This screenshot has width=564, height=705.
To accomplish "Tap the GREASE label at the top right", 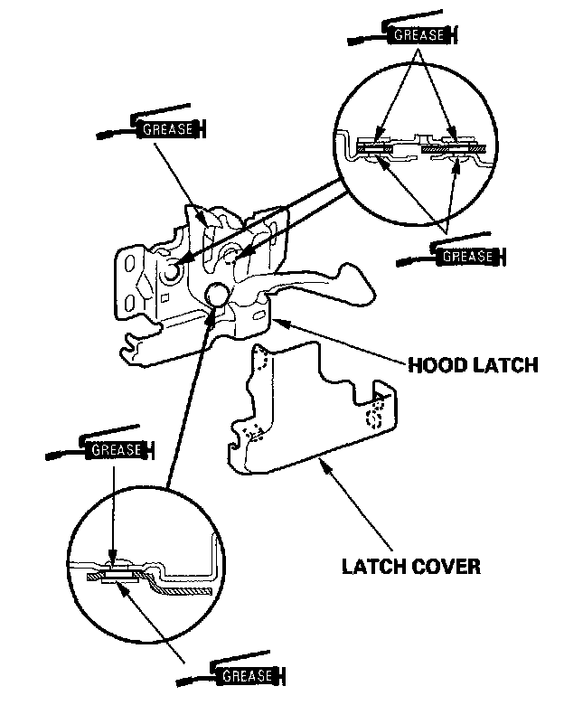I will (418, 36).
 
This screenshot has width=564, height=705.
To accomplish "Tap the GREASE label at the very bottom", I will (245, 675).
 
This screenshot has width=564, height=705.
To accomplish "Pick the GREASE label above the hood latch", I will (167, 128).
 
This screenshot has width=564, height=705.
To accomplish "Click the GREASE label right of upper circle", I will (467, 257).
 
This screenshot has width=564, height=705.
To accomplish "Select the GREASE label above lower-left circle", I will (116, 448).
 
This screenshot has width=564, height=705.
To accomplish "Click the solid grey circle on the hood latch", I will (217, 295).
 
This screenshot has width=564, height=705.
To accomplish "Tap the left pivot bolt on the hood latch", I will (172, 272).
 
